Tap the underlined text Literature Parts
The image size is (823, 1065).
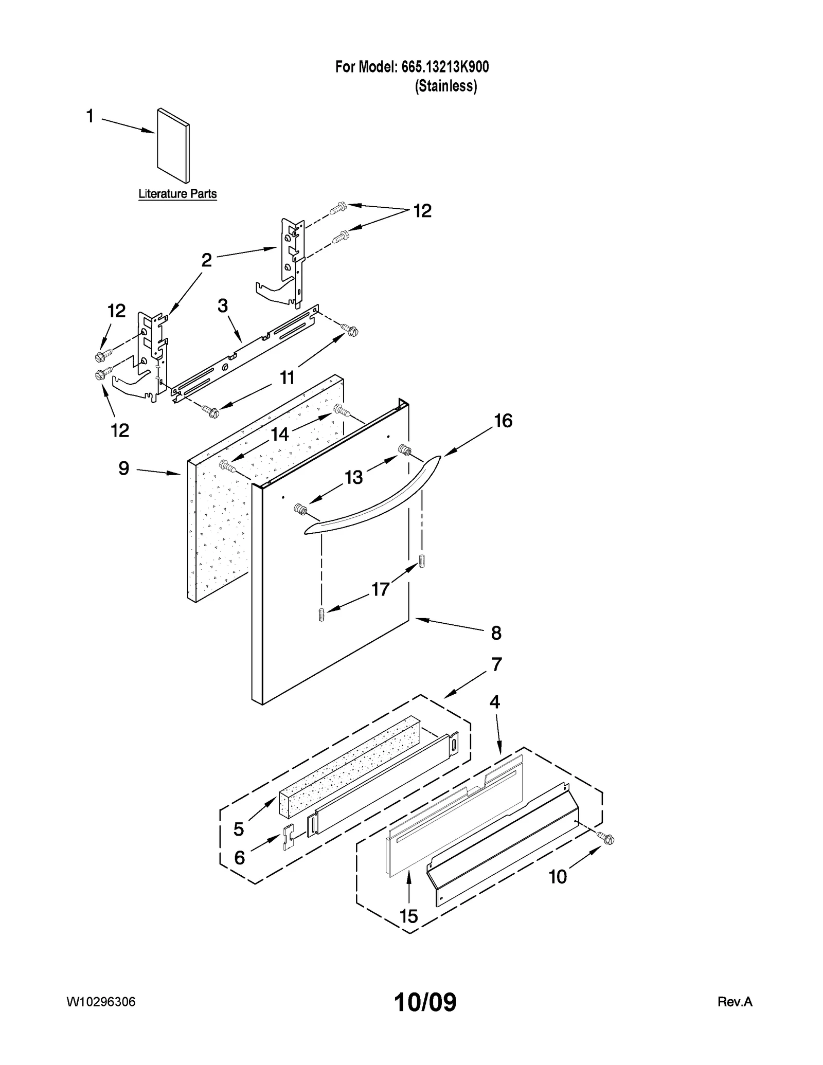(x=177, y=194)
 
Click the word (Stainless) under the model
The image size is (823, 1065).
(x=446, y=86)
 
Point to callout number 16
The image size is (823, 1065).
(x=503, y=421)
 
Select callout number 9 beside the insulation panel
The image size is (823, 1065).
(x=123, y=468)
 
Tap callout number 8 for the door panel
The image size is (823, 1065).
(x=496, y=633)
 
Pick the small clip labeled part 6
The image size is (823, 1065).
(x=288, y=838)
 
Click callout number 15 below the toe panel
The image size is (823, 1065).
(x=409, y=916)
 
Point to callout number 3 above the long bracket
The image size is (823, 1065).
(x=222, y=306)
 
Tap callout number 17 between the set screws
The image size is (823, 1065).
(x=380, y=589)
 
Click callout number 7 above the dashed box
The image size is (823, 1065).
(x=496, y=664)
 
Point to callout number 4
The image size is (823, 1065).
(x=494, y=702)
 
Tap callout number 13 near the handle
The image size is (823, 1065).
(x=354, y=478)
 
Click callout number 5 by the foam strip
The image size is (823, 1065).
(x=239, y=828)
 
